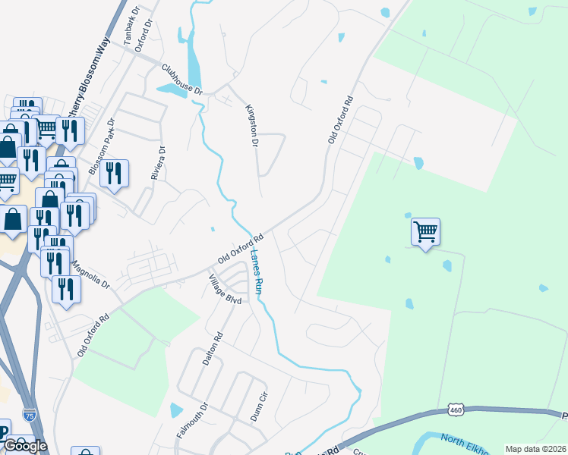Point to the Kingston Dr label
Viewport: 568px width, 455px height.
[252, 124]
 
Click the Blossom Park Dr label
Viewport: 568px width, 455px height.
[101, 146]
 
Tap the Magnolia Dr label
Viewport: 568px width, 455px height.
[90, 276]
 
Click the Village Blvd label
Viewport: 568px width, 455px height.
[225, 290]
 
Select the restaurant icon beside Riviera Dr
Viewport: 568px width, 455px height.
[114, 174]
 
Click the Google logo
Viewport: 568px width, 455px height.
[25, 446]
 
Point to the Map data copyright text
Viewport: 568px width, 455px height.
[536, 449]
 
